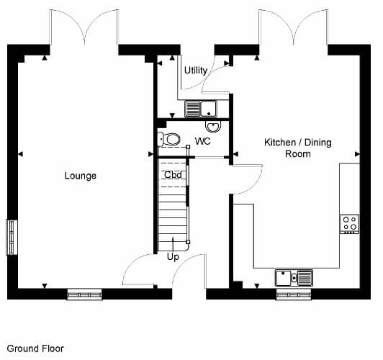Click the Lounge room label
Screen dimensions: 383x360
[x=81, y=176]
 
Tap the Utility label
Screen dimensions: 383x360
[x=196, y=71]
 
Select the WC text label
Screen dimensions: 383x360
[x=203, y=141]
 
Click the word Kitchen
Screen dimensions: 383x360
[x=280, y=143]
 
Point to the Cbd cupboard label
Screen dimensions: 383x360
[x=173, y=175]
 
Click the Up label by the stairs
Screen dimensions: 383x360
[x=173, y=257]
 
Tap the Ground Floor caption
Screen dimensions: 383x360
[x=35, y=348]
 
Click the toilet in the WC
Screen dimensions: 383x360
[x=169, y=140]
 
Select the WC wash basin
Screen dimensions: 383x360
[x=213, y=127]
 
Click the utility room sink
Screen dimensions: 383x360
[x=201, y=109]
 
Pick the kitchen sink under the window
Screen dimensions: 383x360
[x=294, y=278]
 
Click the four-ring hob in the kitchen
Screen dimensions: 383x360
[x=350, y=224]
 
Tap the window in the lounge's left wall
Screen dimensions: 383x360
[x=12, y=238]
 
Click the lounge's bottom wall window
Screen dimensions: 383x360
[x=84, y=294]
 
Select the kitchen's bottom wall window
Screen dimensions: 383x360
[x=294, y=294]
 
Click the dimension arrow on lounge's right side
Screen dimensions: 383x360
[x=151, y=154]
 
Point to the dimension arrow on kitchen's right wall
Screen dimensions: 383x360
[x=357, y=154]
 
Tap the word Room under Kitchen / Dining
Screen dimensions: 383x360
[x=298, y=154]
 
